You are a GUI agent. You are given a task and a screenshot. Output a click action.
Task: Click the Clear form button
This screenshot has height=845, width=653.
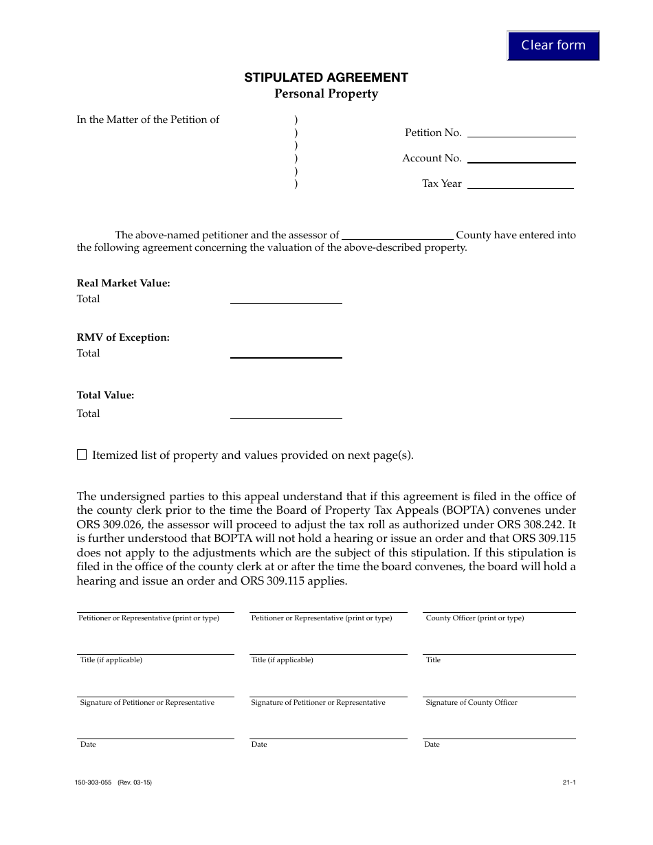(x=553, y=45)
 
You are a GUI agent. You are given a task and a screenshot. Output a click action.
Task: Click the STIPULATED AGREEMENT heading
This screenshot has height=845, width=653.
(x=326, y=78)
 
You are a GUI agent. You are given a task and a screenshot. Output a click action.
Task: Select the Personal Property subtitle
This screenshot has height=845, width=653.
(x=326, y=94)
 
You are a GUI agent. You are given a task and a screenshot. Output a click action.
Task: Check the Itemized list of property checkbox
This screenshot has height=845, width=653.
(x=82, y=455)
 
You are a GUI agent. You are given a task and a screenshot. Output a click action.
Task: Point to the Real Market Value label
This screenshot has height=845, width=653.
(x=123, y=283)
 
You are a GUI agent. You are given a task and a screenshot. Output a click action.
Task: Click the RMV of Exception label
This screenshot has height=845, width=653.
(x=123, y=337)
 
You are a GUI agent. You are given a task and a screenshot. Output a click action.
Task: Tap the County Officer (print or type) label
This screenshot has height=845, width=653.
(x=474, y=618)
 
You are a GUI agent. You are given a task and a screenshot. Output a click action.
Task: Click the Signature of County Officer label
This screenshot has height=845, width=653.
(x=471, y=703)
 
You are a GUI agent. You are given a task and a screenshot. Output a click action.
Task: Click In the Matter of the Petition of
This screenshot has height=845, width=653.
(x=148, y=120)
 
